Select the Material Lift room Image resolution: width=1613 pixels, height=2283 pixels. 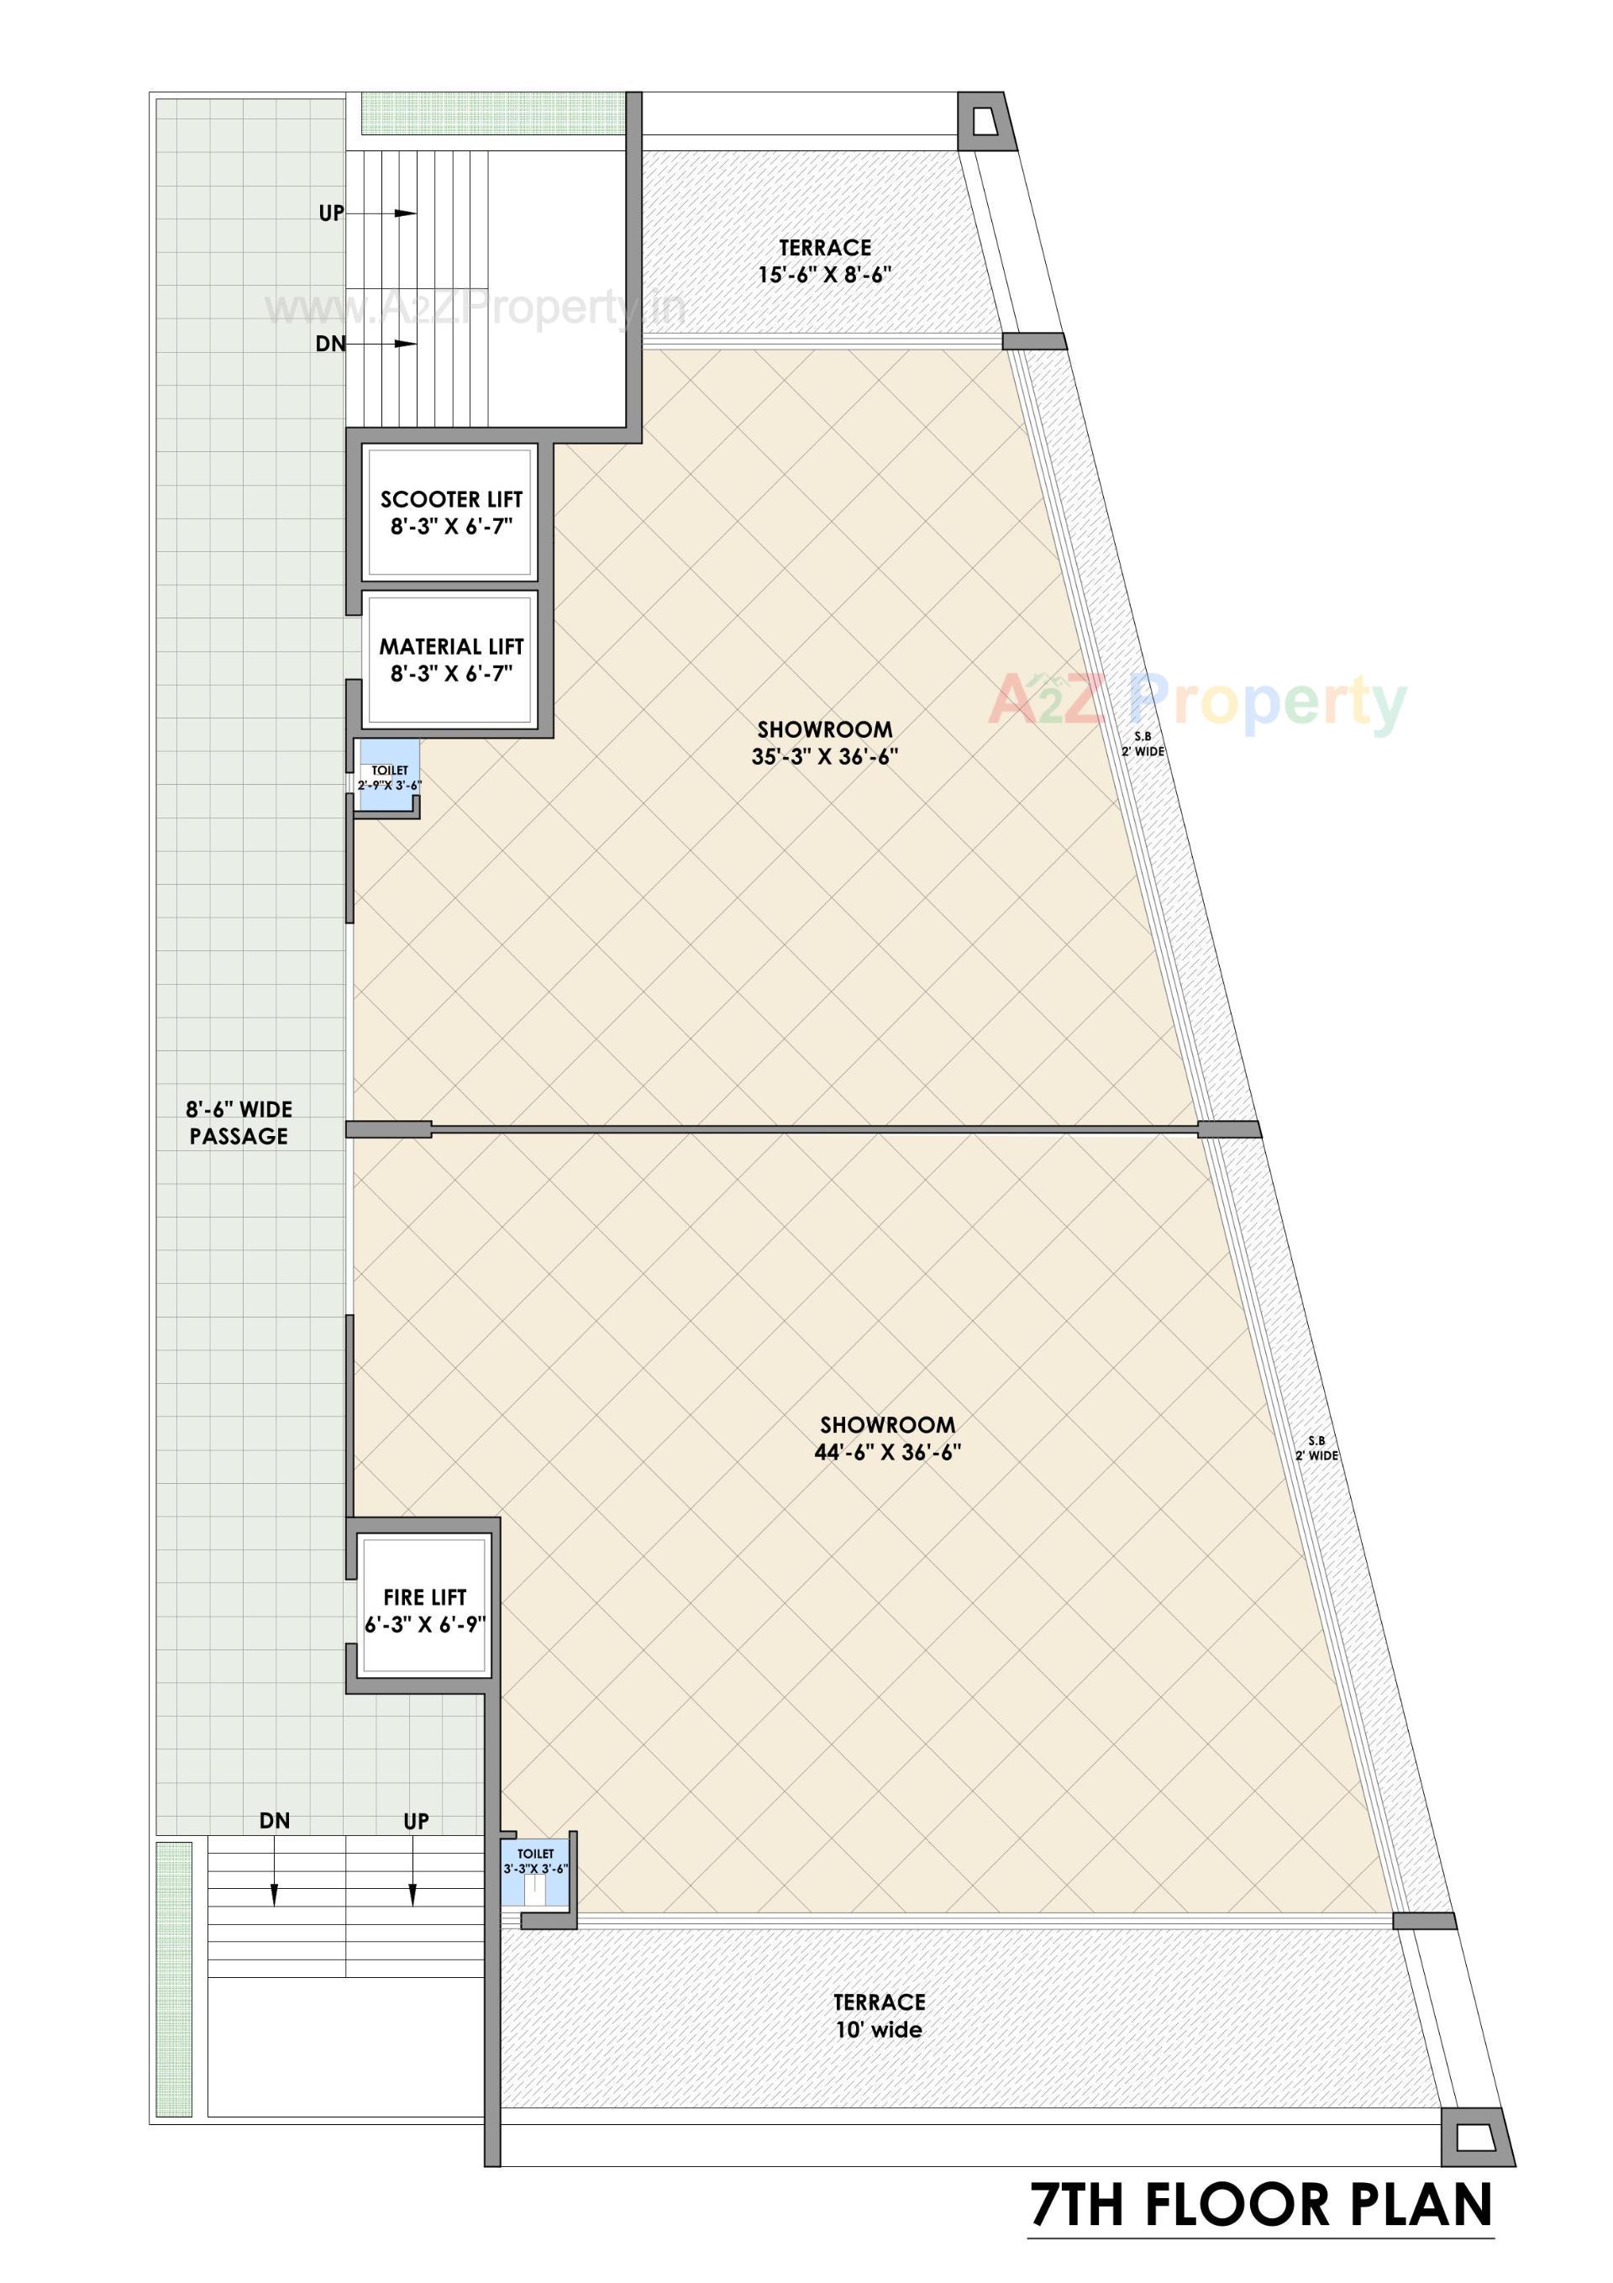point(450,660)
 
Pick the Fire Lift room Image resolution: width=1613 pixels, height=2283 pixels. point(424,1611)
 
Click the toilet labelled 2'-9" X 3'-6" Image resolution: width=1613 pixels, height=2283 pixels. point(389,777)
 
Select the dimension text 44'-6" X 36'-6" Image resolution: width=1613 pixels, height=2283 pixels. point(887,1453)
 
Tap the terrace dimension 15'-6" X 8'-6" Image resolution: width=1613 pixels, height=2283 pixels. point(824,276)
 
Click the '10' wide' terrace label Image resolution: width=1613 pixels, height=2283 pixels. point(879,2030)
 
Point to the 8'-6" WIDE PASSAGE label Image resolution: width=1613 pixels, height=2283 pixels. point(239,1123)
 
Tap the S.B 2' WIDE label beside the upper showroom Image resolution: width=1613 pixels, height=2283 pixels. point(1143,744)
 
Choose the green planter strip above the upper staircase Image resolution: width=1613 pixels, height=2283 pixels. point(492,113)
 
